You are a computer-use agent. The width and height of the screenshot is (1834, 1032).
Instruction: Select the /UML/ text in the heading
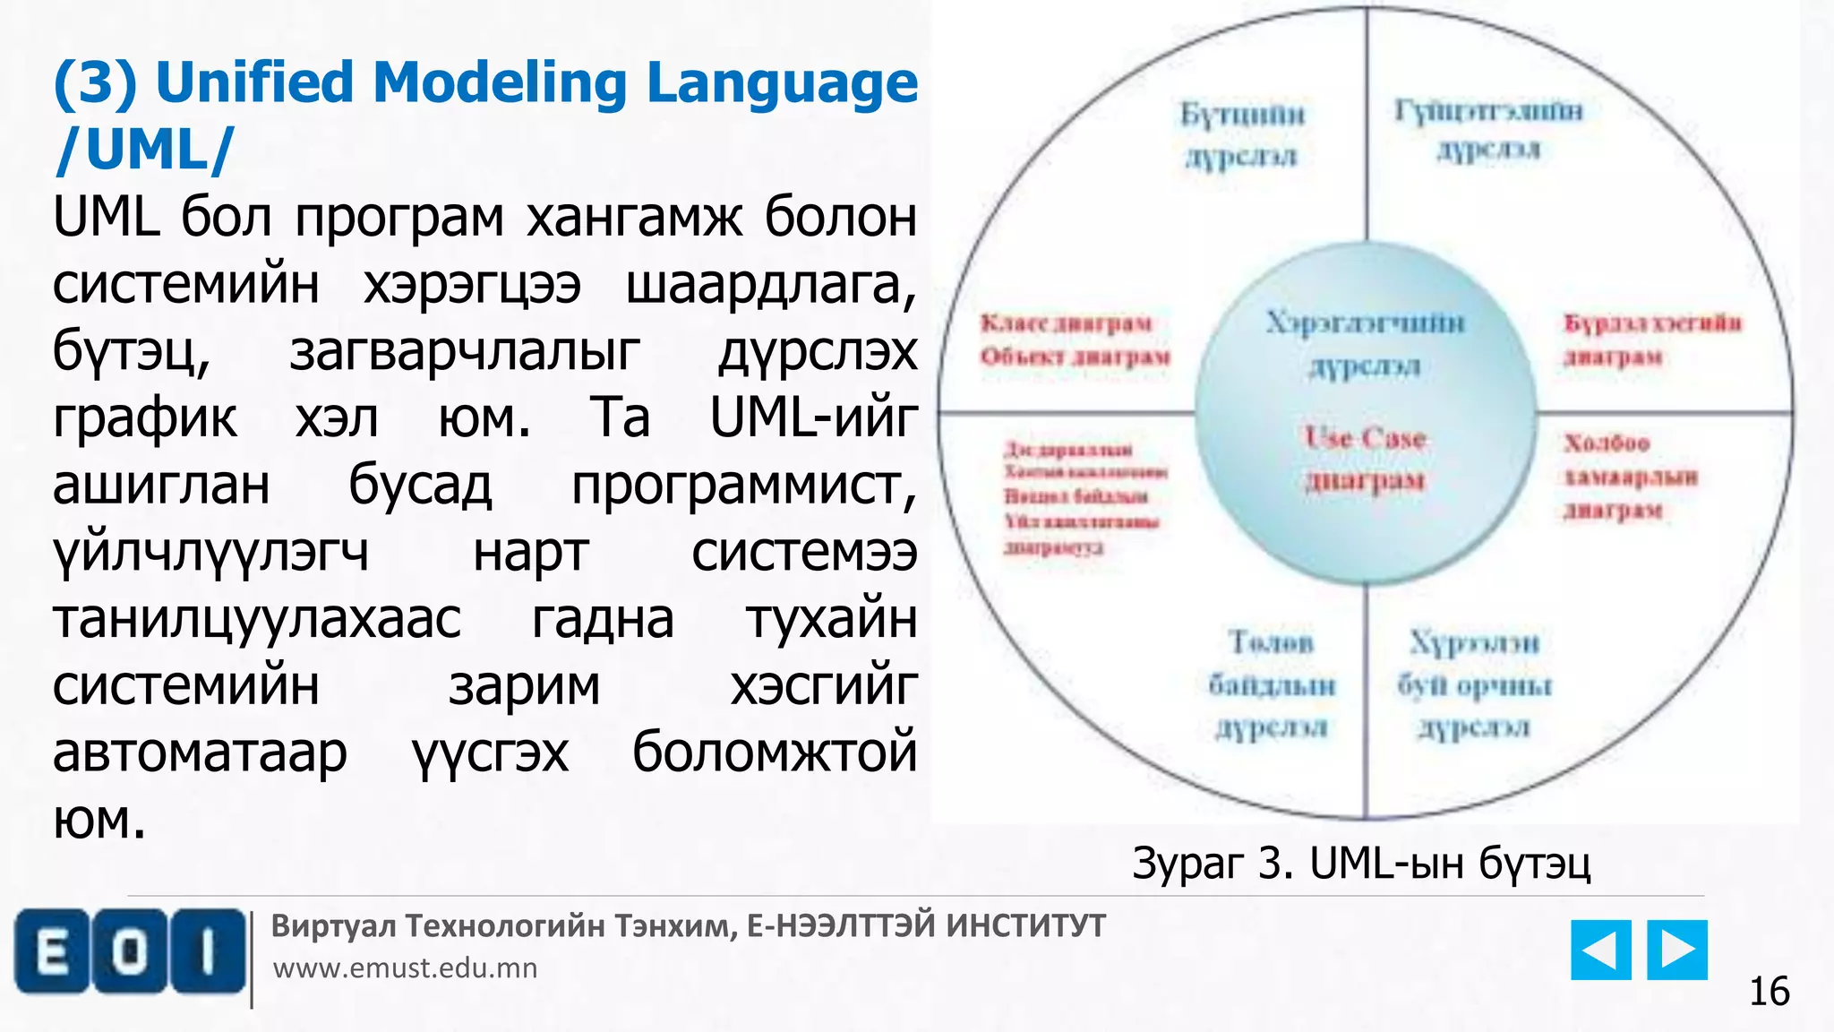pyautogui.click(x=143, y=149)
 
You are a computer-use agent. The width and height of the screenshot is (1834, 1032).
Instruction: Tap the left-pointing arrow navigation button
pyautogui.click(x=1600, y=950)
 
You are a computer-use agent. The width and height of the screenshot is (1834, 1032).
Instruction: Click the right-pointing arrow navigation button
pyautogui.click(x=1677, y=950)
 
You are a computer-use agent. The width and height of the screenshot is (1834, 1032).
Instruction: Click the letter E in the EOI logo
pyautogui.click(x=52, y=952)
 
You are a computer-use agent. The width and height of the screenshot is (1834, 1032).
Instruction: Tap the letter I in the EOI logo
pyautogui.click(x=208, y=952)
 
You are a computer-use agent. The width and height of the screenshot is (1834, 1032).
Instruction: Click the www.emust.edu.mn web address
pyautogui.click(x=405, y=968)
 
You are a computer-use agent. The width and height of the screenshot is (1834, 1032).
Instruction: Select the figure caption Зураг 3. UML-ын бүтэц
pyautogui.click(x=1361, y=864)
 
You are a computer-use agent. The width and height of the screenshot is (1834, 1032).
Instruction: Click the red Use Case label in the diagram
pyautogui.click(x=1365, y=438)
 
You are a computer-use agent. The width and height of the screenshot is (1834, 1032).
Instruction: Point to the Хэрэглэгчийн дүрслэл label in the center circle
pyautogui.click(x=1365, y=343)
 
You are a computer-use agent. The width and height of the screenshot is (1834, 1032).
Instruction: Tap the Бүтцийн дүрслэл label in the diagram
pyautogui.click(x=1242, y=134)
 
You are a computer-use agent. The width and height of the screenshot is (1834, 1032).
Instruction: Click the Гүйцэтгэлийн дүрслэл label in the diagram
pyautogui.click(x=1488, y=129)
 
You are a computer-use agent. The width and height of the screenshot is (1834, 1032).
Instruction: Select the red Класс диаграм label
pyautogui.click(x=1066, y=322)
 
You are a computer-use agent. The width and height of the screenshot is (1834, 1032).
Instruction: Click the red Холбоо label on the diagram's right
pyautogui.click(x=1607, y=443)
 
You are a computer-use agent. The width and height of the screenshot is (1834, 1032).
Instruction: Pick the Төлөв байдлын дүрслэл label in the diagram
pyautogui.click(x=1272, y=684)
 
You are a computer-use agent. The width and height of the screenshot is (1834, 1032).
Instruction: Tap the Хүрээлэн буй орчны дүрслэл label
pyautogui.click(x=1474, y=684)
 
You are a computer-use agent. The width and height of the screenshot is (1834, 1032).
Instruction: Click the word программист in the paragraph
pyautogui.click(x=743, y=485)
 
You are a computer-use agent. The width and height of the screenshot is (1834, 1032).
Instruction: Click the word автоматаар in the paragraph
pyautogui.click(x=200, y=752)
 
